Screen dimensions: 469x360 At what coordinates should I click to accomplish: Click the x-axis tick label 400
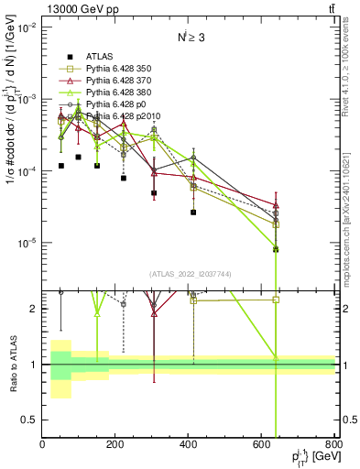click(x=189, y=445)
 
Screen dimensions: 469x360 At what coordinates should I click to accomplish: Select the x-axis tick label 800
click(x=333, y=445)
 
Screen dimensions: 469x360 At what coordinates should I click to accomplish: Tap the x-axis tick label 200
click(x=115, y=445)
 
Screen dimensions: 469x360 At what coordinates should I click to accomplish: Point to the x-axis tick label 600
click(x=262, y=445)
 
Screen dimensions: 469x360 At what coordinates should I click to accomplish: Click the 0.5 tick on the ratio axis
click(x=30, y=420)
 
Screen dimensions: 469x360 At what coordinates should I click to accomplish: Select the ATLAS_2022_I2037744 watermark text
click(x=189, y=274)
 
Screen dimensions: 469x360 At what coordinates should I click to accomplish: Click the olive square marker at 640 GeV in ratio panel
click(x=276, y=300)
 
